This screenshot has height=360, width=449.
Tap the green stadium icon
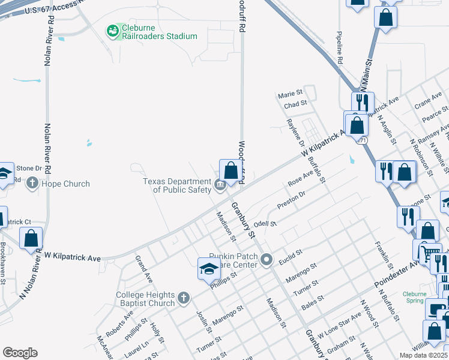(x=112, y=31)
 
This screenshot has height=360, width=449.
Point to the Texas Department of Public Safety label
(x=178, y=185)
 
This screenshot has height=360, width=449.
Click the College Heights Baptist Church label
(x=145, y=299)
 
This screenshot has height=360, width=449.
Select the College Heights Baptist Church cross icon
(x=184, y=296)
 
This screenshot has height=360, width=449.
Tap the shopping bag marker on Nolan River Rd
(x=31, y=238)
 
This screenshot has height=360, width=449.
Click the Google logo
(x=20, y=353)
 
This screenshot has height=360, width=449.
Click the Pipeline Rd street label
(x=339, y=48)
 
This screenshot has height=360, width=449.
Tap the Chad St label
(x=295, y=104)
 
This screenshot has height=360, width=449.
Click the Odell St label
(x=264, y=224)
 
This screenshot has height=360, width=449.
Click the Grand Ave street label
(x=144, y=269)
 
